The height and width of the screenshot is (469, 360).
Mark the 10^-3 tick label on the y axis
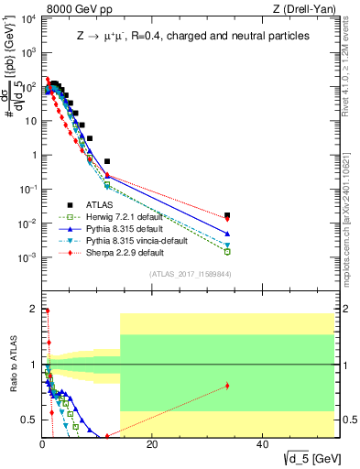point(27,258)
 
